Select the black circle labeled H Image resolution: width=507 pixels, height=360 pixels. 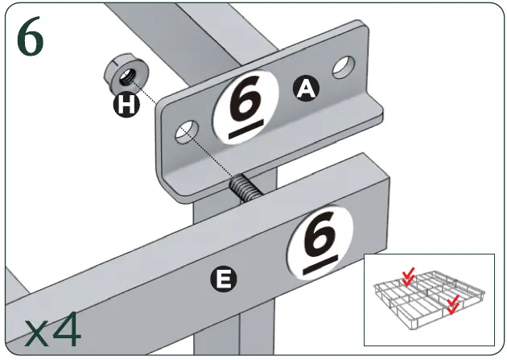123,106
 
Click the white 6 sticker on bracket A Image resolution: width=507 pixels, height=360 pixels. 245,108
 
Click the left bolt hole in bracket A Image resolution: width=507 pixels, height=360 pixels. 186,130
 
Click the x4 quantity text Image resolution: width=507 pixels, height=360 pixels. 52,330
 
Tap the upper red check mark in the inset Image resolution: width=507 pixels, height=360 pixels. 409,276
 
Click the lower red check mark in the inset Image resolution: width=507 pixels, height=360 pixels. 453,303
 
